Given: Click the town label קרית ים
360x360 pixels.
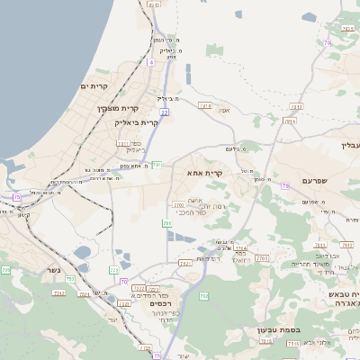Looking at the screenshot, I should tap(94, 86).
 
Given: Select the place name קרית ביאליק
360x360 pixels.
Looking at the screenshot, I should tap(136, 122).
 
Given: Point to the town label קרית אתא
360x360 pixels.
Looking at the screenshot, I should tap(204, 172).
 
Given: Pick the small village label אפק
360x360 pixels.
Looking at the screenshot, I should tap(225, 110).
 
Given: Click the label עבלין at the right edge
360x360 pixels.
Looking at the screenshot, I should tap(349, 146).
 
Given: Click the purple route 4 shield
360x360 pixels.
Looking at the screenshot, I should tap(151, 63).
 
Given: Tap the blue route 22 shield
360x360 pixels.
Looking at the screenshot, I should tap(165, 112).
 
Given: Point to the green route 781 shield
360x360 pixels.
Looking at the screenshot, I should tap(156, 165).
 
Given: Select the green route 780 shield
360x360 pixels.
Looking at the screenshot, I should tap(166, 222).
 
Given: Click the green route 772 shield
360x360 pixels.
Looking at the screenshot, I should tap(114, 270).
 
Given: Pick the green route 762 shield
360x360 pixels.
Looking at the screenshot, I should tap(203, 295).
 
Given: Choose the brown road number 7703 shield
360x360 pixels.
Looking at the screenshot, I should tap(262, 258).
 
